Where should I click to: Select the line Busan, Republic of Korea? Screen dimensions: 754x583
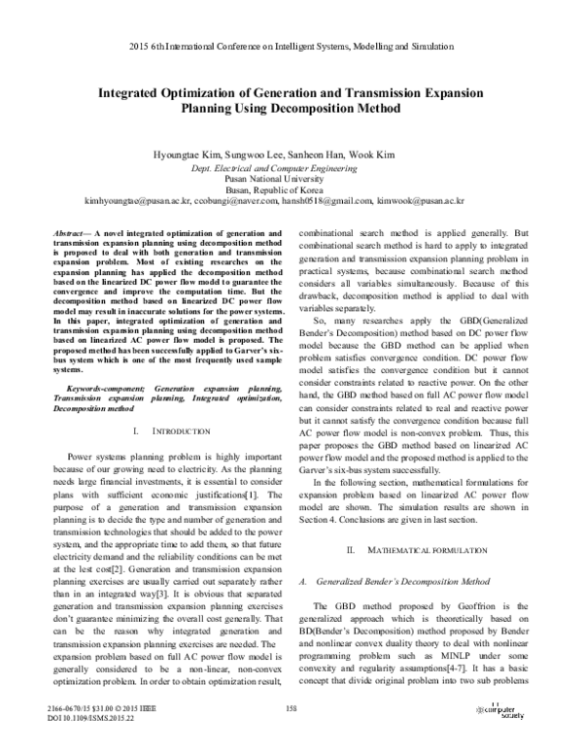pos(291,190)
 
